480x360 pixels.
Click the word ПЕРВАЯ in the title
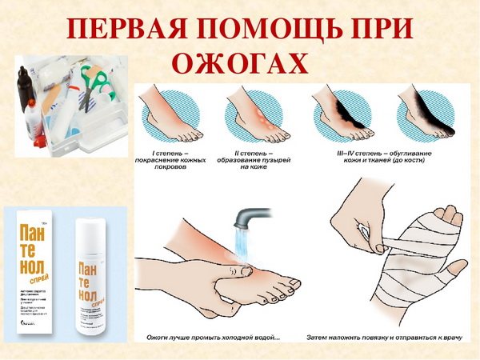coord(127,30)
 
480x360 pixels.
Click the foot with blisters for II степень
coord(255,117)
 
